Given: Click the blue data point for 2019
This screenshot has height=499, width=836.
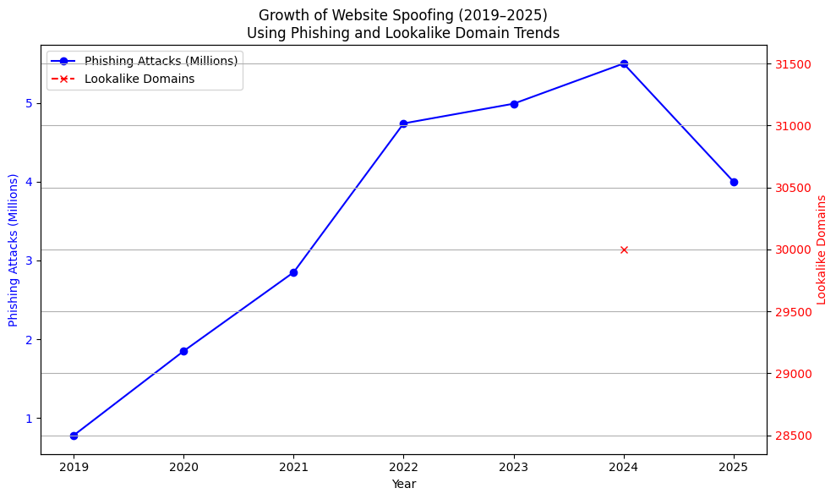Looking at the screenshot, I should [74, 436].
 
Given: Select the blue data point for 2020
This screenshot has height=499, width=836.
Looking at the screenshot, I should [183, 351].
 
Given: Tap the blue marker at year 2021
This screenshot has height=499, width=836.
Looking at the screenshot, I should [293, 272].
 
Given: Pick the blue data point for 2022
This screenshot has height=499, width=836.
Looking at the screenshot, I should [403, 123].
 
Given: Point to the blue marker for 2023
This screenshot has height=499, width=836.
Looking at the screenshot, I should [514, 104].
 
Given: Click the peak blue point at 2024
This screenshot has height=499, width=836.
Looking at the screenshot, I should [624, 63].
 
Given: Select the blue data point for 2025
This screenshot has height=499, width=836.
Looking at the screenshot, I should [734, 182].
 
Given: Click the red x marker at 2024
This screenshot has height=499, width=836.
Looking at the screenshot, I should [624, 249].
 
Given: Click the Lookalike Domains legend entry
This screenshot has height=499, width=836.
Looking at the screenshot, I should [139, 79].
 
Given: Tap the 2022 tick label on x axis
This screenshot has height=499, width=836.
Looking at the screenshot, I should [403, 467].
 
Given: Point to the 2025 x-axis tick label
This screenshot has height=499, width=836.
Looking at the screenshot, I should [734, 467].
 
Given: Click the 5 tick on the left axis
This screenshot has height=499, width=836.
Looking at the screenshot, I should [28, 103].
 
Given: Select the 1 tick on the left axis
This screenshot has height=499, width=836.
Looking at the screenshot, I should [28, 419].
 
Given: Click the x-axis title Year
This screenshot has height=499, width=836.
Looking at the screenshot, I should [403, 485].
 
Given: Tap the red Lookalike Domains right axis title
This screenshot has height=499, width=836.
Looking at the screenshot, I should [821, 249].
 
